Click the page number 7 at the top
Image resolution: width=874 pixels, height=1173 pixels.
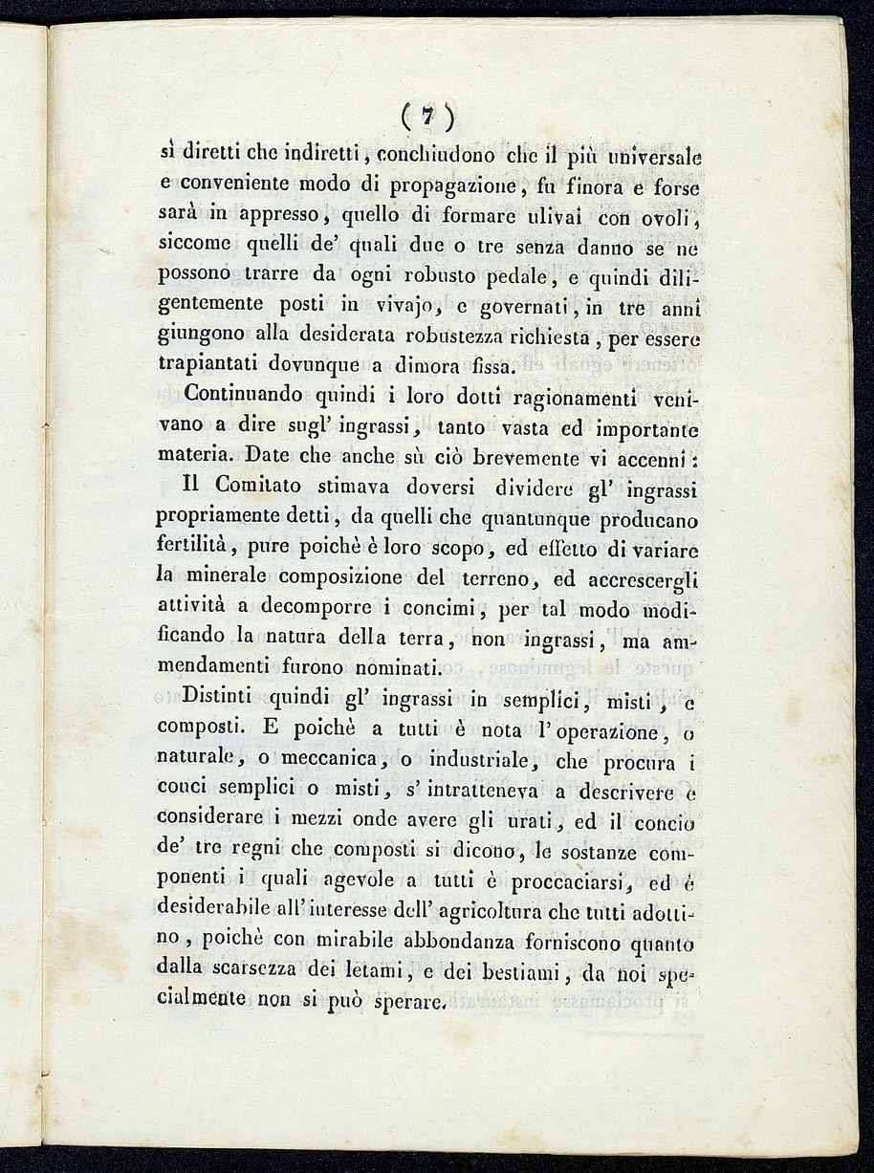[x=427, y=117]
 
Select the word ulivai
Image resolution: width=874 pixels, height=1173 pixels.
[x=541, y=216]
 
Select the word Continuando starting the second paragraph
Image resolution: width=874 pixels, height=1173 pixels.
[x=243, y=393]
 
